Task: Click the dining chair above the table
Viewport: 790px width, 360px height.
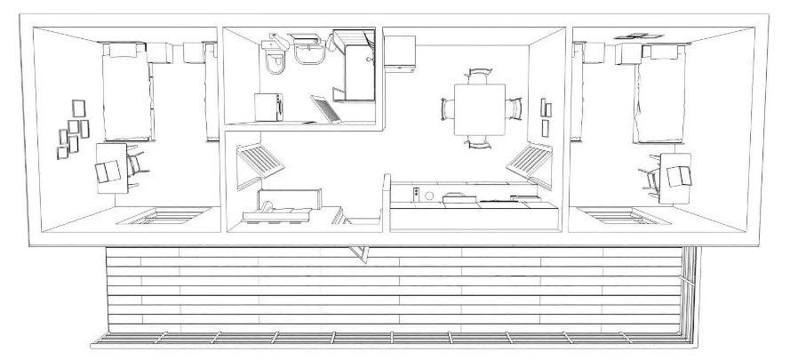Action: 478,76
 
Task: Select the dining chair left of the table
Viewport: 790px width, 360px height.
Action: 447,109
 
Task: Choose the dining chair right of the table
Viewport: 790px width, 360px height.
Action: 514,108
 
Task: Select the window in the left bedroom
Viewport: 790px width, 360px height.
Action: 164,216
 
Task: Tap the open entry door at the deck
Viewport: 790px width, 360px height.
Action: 362,252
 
